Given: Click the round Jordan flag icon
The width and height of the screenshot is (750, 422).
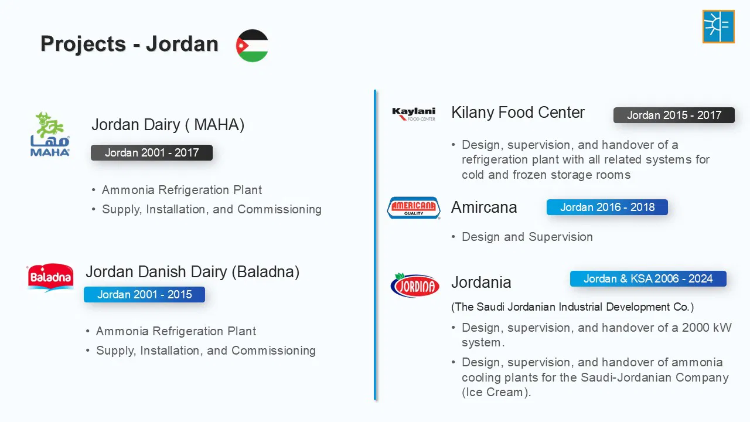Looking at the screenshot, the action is (x=252, y=46).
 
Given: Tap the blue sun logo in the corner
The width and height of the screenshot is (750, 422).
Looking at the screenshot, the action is (x=718, y=26).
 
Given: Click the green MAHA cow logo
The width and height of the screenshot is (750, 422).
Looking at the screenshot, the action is (x=50, y=134).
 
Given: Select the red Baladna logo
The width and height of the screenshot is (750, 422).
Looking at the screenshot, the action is (x=50, y=278).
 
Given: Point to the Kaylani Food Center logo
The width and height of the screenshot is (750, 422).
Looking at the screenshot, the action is (x=414, y=114).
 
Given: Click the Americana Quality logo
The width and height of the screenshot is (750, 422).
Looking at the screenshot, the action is (x=414, y=208).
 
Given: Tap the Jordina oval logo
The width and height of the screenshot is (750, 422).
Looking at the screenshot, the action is (x=415, y=285).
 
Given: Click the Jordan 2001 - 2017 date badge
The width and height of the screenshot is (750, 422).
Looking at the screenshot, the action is (x=152, y=153).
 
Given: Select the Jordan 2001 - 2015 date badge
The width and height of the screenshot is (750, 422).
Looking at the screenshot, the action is (x=144, y=294).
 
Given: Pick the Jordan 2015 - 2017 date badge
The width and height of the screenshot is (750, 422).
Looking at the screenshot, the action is (x=674, y=115).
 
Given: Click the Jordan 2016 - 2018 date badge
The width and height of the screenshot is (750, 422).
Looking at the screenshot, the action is (x=608, y=207).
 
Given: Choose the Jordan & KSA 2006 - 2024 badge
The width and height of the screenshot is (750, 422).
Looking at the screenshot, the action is (x=648, y=278).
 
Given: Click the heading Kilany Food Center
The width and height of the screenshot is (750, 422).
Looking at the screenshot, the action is (x=518, y=113).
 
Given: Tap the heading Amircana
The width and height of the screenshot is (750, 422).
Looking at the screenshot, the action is (x=484, y=207).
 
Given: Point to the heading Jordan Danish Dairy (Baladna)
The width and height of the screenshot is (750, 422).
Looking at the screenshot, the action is (x=193, y=272).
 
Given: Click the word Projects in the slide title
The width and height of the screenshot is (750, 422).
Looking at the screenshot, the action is (x=83, y=44).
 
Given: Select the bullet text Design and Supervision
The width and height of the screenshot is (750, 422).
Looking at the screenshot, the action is (x=527, y=237).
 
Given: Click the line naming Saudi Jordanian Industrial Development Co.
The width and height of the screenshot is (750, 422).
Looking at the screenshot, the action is (x=572, y=307).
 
